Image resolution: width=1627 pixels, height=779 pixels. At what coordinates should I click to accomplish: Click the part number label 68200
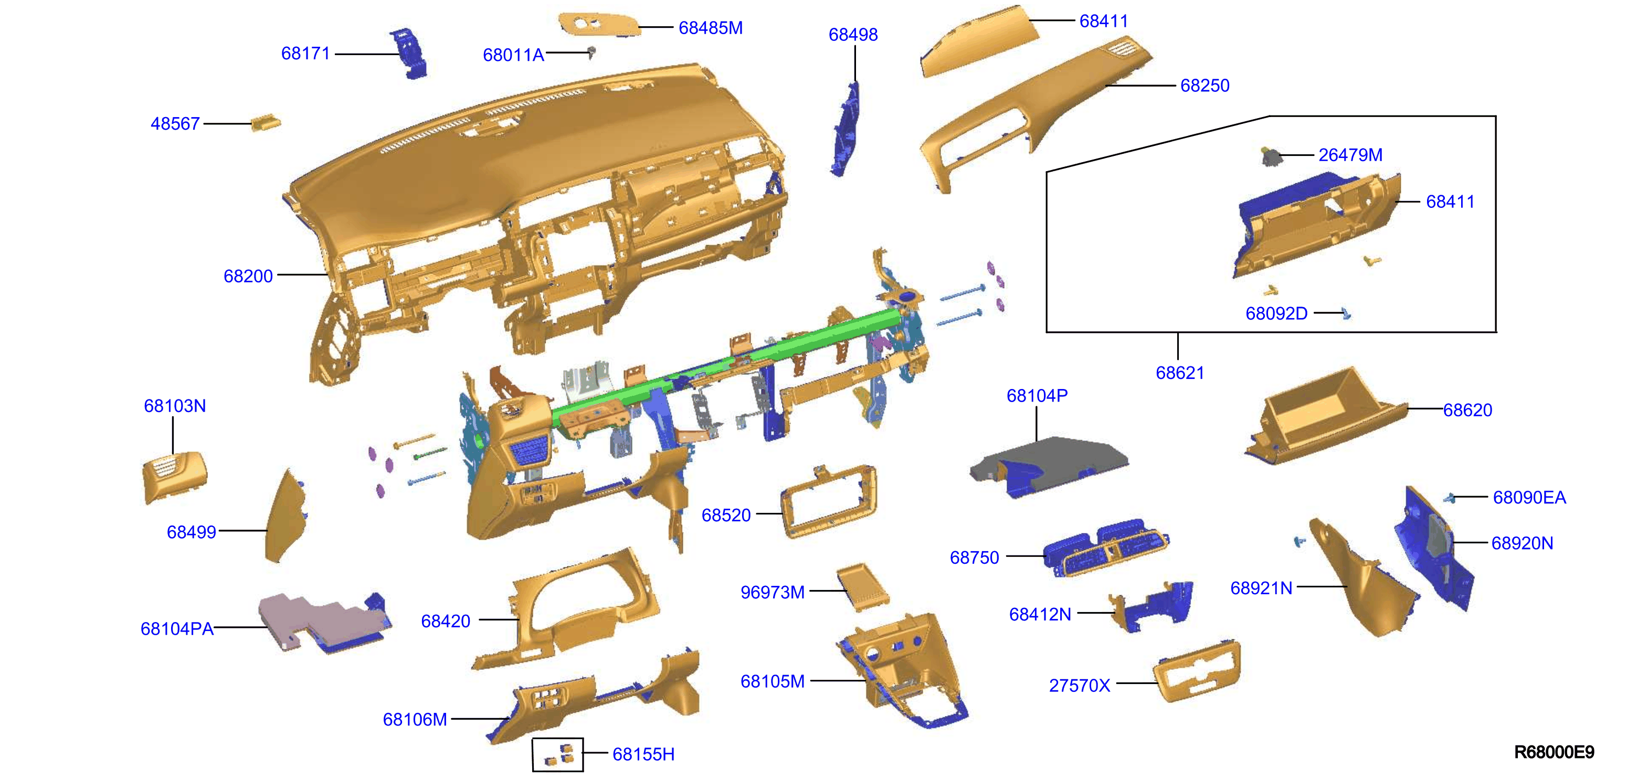tap(248, 276)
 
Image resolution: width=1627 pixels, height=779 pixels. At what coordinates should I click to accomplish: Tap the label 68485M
tap(711, 28)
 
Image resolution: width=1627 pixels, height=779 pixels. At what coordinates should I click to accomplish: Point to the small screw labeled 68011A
tap(591, 52)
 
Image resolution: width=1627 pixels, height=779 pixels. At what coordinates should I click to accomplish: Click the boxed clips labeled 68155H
tap(558, 754)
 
